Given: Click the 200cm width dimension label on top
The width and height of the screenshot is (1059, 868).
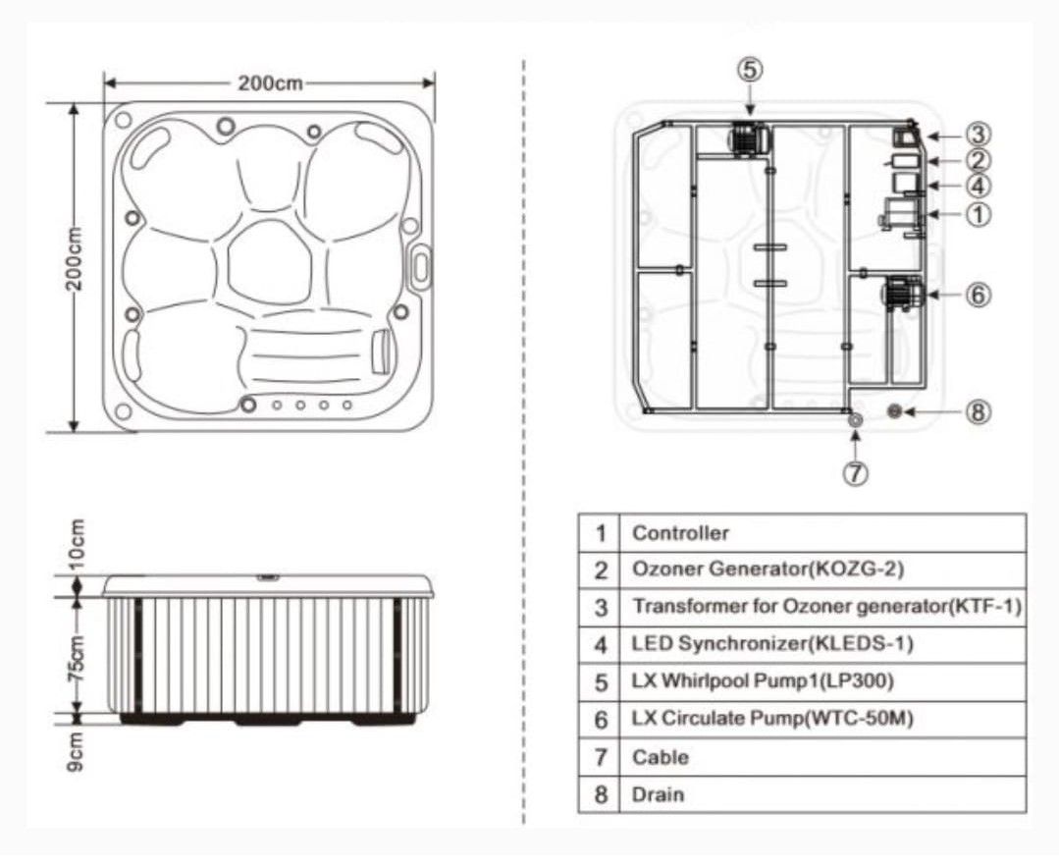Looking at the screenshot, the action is (x=270, y=83).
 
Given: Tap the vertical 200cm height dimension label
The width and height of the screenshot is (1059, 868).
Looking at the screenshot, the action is (x=75, y=258).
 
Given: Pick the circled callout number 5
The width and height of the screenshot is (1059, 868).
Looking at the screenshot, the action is (x=750, y=70).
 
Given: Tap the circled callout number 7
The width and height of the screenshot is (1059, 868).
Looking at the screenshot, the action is (x=855, y=473).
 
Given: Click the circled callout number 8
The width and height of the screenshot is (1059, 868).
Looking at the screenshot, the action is (x=978, y=412).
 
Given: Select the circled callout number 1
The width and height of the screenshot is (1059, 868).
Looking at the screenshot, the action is (x=978, y=215).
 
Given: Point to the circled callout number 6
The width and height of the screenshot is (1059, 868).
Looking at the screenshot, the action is (x=978, y=295).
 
